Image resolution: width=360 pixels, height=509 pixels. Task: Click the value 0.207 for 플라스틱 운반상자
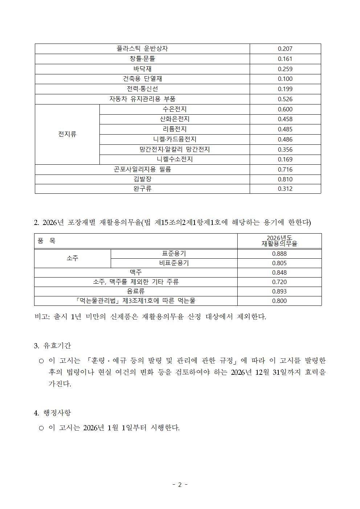coord(285,49)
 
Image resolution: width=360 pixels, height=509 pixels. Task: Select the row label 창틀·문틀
coord(142,59)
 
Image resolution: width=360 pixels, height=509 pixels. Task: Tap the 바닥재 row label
coord(142,69)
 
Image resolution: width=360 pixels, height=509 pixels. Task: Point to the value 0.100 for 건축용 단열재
coord(285,79)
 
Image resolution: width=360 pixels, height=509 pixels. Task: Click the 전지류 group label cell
coord(67,134)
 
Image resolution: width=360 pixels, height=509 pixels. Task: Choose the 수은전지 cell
coord(175,109)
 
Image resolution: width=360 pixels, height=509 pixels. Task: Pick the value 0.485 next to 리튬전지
coord(285,129)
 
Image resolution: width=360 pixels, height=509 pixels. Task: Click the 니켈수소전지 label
coord(175,159)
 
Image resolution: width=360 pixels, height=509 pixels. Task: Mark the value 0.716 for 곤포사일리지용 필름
coord(285,169)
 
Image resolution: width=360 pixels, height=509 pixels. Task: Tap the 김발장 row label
coord(142,179)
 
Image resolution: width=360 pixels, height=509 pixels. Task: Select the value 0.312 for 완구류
coord(285,189)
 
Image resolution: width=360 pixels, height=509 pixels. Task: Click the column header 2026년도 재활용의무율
coord(279,241)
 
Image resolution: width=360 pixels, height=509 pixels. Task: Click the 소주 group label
coord(72,258)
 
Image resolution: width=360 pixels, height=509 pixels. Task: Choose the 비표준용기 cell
coord(174,263)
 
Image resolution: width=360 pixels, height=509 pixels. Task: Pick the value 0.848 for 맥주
coord(279,272)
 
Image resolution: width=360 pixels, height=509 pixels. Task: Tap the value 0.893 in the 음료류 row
coord(279,291)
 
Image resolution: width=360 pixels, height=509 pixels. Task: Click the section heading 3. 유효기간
coord(53,346)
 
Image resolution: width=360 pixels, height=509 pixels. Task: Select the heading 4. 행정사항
coord(53,413)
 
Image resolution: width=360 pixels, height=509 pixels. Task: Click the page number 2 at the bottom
coord(180,485)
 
